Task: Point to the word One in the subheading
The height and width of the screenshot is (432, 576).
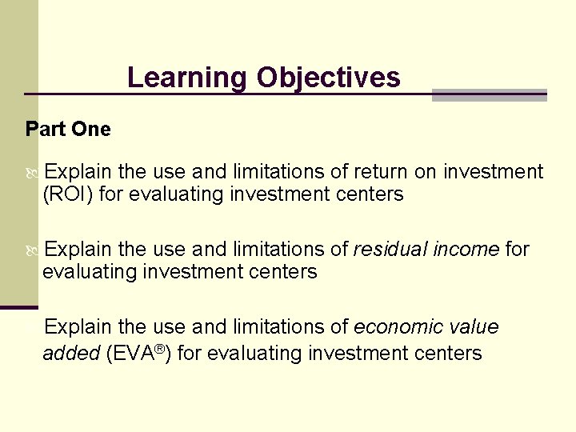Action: (94, 129)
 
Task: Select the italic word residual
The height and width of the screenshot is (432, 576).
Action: (389, 250)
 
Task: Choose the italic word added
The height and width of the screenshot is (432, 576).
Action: (70, 354)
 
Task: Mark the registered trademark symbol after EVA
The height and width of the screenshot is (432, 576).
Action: (160, 349)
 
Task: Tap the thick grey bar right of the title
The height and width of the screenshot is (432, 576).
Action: (489, 95)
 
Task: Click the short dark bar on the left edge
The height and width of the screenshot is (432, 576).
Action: (18, 307)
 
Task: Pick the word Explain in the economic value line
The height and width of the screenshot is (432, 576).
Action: (79, 327)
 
